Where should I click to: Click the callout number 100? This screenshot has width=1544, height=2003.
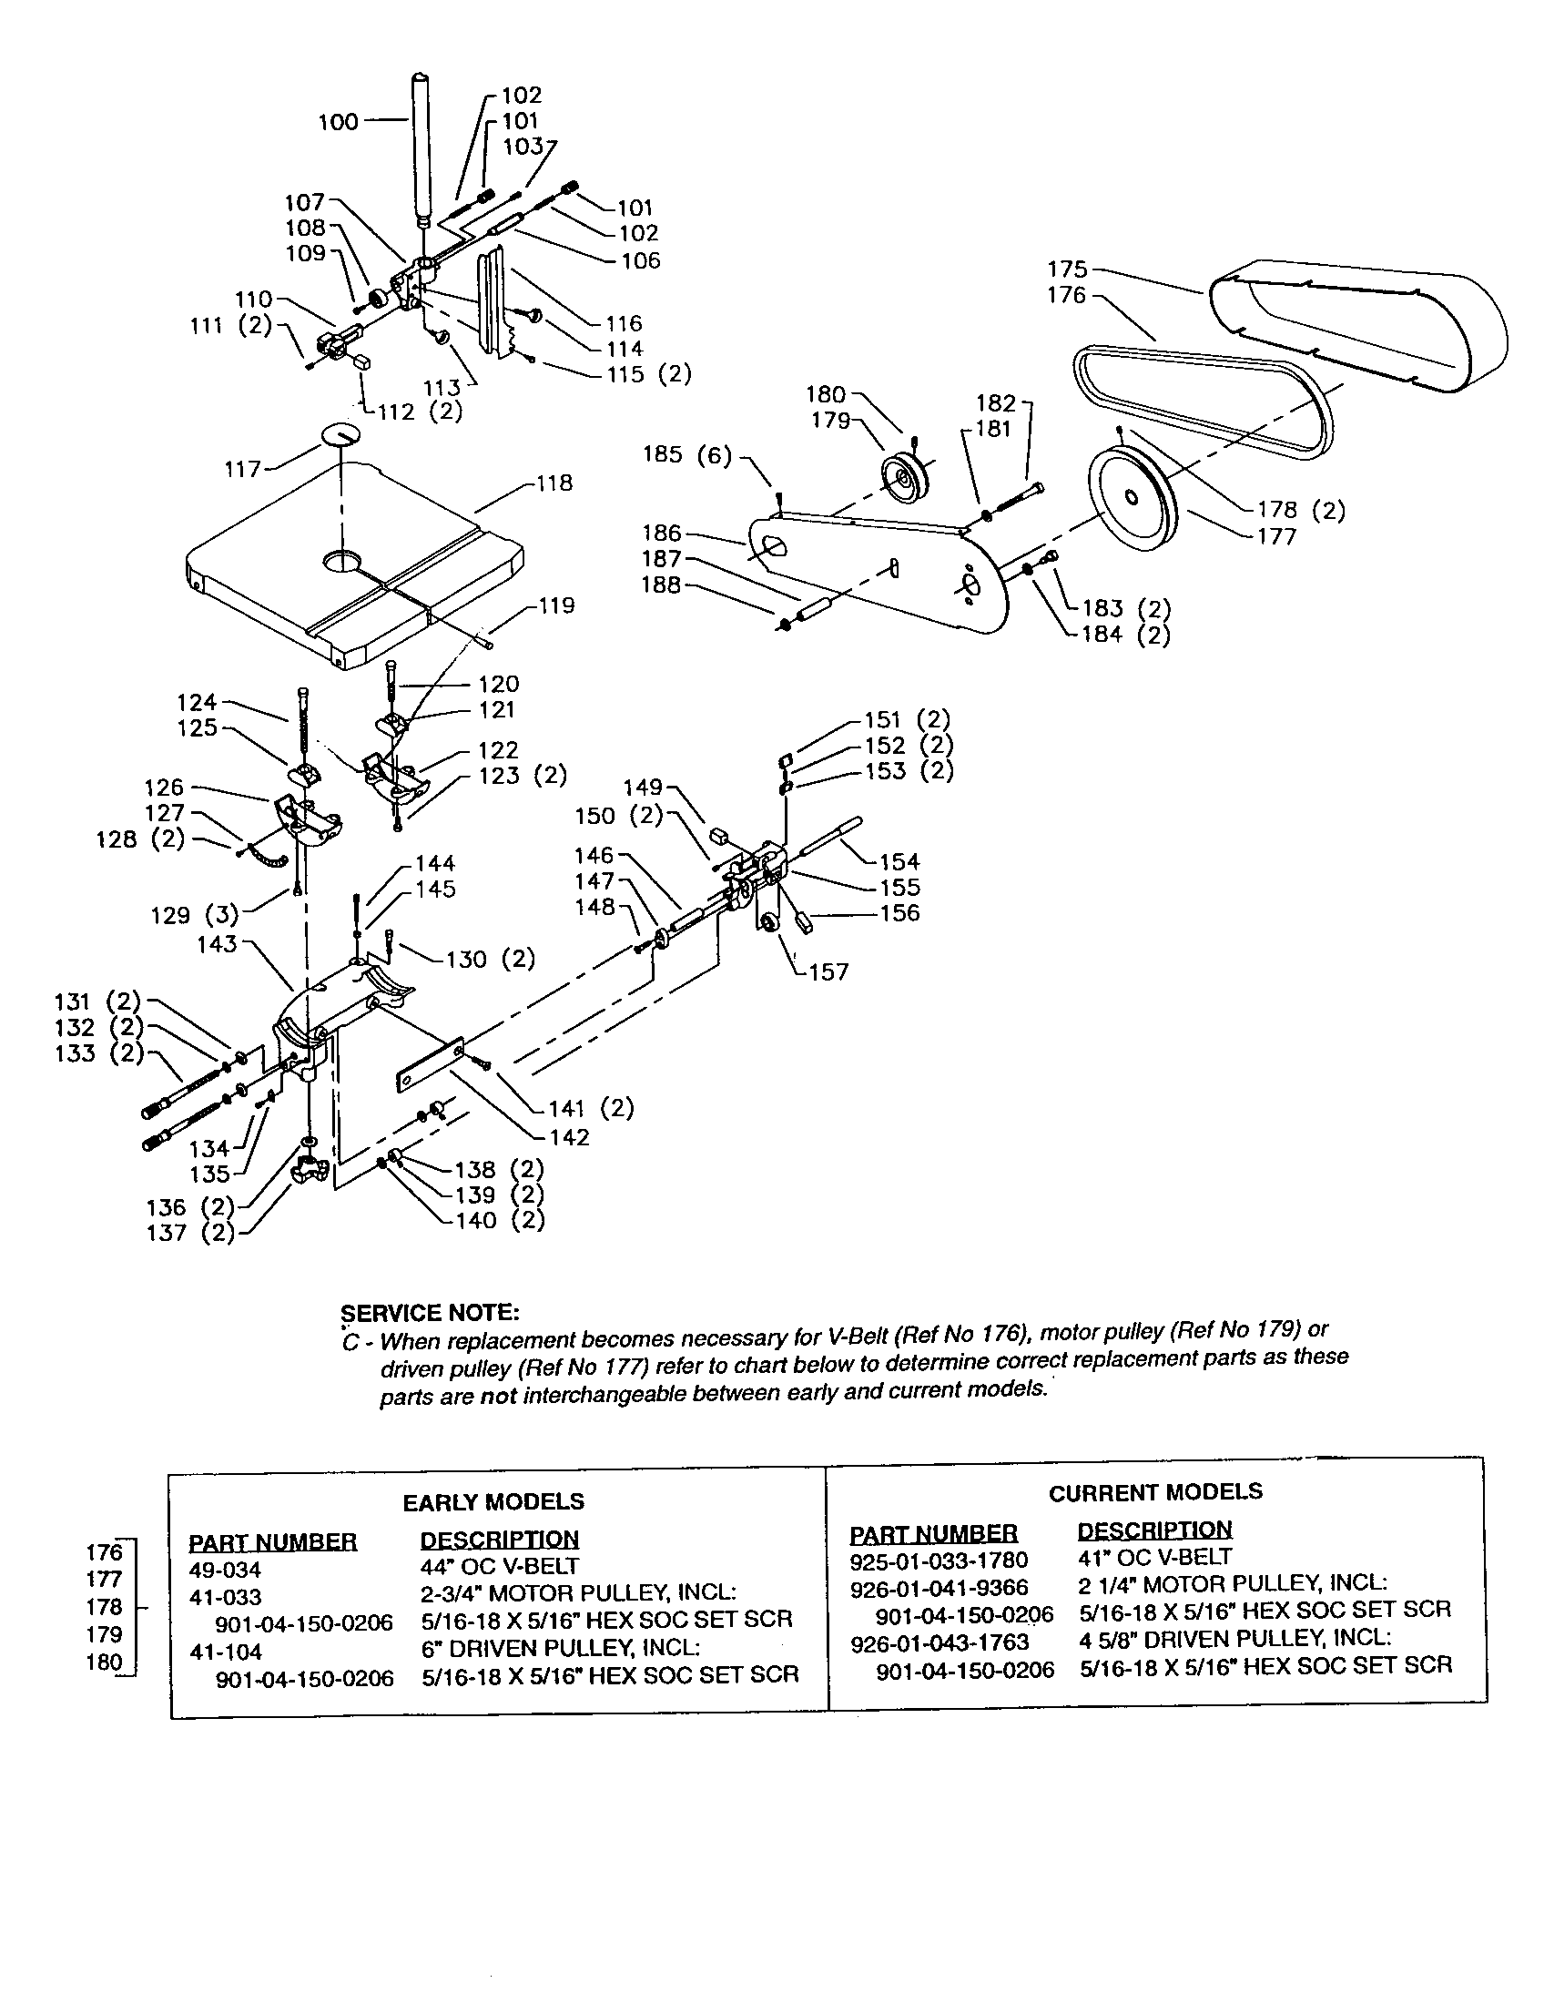coord(338,122)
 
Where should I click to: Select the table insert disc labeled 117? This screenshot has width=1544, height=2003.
coord(342,433)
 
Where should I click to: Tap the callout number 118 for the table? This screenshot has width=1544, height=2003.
coord(554,483)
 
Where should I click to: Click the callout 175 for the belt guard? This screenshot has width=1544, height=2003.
coord(1067,269)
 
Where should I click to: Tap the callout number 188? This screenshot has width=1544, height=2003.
coord(661,585)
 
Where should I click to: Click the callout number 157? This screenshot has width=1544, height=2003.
coord(828,972)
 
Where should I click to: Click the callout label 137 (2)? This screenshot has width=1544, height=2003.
coord(190,1233)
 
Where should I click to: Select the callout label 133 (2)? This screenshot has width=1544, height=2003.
coord(99,1053)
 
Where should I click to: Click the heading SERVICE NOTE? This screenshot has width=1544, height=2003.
coord(429,1313)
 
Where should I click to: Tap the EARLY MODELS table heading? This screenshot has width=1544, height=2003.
coord(493,1501)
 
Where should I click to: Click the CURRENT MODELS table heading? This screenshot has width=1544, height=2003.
coord(1155,1492)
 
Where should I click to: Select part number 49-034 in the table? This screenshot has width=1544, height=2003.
coord(225,1570)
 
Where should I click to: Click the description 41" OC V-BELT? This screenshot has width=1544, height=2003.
coord(1154,1557)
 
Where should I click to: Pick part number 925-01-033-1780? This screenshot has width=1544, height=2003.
coord(939,1561)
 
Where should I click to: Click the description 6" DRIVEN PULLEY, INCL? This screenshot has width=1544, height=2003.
coord(560,1648)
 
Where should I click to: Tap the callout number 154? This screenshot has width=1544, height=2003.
coord(899,861)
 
